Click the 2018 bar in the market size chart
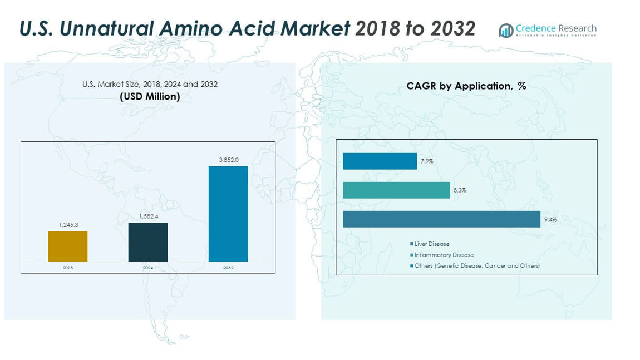pyautogui.click(x=67, y=246)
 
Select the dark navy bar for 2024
pyautogui.click(x=147, y=242)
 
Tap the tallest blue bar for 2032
pyautogui.click(x=228, y=214)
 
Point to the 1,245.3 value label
pyautogui.click(x=68, y=225)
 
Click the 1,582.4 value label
pyautogui.click(x=148, y=216)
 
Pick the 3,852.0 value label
pyautogui.click(x=228, y=160)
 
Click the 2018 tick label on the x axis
pyautogui.click(x=67, y=268)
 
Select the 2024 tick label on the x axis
pyautogui.click(x=147, y=268)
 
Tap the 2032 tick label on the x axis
pyautogui.click(x=228, y=268)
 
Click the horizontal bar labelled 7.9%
pyautogui.click(x=380, y=161)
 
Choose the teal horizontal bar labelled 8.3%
pyautogui.click(x=396, y=190)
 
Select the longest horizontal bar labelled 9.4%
pyautogui.click(x=441, y=219)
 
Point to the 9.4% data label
pyautogui.click(x=550, y=220)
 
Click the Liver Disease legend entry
pyautogui.click(x=432, y=244)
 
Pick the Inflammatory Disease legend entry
pyautogui.click(x=444, y=255)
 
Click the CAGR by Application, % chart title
pyautogui.click(x=466, y=86)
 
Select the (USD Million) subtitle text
pyautogui.click(x=150, y=97)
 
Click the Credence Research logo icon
pyautogui.click(x=506, y=31)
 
